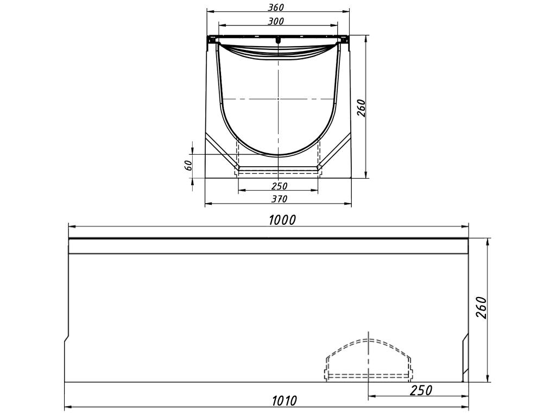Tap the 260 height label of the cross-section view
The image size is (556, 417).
pyautogui.click(x=362, y=108)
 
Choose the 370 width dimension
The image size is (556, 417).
pyautogui.click(x=279, y=199)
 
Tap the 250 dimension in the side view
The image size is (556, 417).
pyautogui.click(x=421, y=390)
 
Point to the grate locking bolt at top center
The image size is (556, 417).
pyautogui.click(x=278, y=40)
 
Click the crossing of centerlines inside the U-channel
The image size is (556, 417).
pyautogui.click(x=278, y=99)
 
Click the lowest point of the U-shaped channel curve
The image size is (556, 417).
pyautogui.click(x=278, y=155)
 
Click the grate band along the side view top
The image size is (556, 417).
pyautogui.click(x=269, y=238)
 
